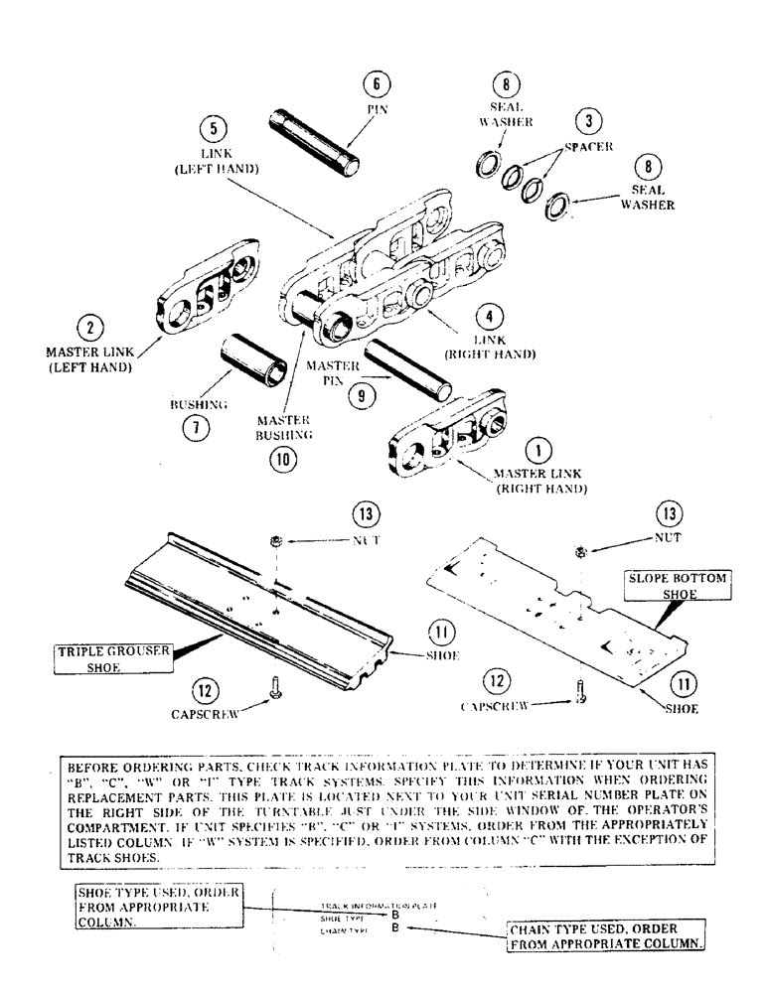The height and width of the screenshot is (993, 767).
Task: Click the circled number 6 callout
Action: (x=376, y=83)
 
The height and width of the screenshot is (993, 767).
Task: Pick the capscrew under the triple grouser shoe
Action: (x=275, y=712)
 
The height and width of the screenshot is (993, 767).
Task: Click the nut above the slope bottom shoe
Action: (x=581, y=551)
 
